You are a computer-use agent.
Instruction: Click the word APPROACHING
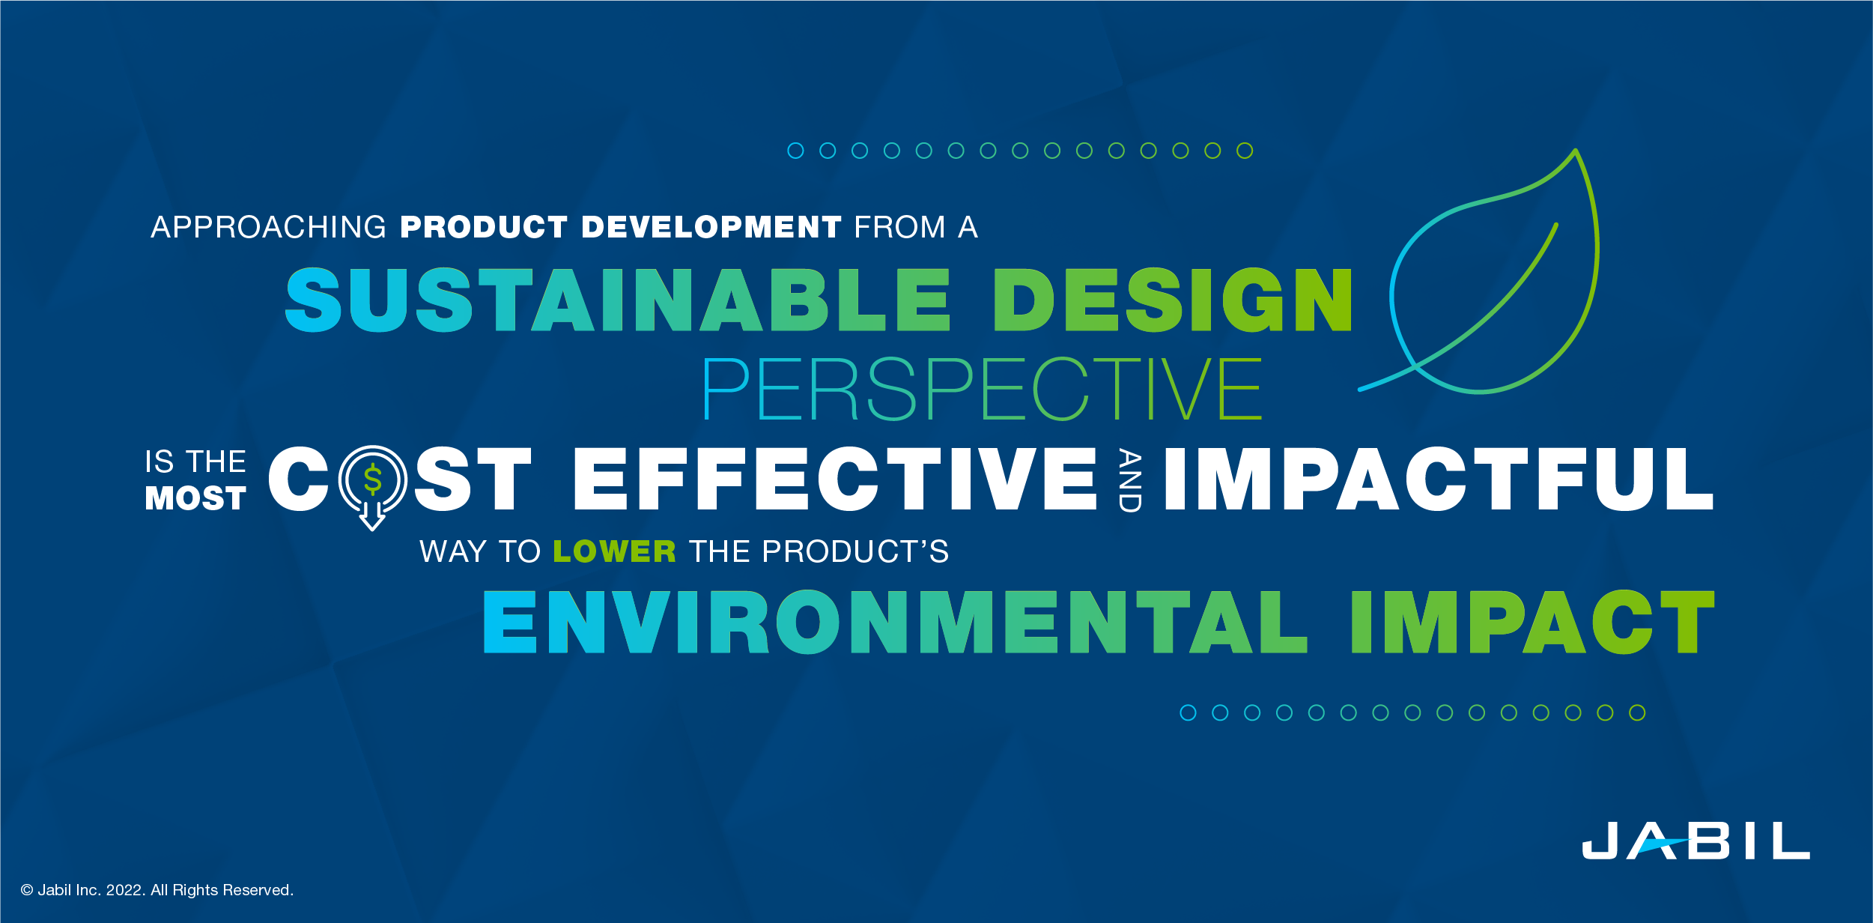268,227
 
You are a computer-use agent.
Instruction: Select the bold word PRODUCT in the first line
484,227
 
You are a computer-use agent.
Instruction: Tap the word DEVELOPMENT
711,227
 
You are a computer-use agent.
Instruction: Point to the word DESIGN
1173,300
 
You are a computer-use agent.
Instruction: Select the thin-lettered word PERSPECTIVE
982,389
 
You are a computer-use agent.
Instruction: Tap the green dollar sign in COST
373,479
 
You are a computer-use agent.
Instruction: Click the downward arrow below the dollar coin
372,517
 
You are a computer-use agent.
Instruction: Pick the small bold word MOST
195,499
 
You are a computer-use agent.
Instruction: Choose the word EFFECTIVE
835,479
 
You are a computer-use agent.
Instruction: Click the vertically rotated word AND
1129,480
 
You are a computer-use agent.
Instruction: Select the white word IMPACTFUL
1439,479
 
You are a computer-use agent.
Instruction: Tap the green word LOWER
614,552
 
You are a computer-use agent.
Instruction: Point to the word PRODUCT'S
854,552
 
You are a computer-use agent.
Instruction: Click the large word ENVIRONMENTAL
895,623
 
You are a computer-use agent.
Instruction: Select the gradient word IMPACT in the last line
1532,623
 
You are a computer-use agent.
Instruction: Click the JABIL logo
1696,841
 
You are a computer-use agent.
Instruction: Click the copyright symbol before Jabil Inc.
27,890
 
